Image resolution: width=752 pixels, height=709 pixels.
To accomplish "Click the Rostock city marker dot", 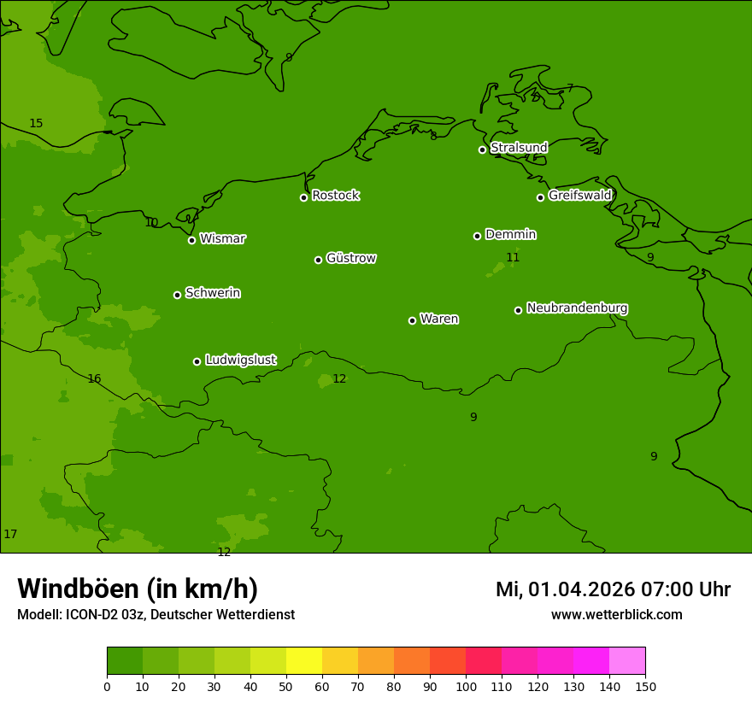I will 303,197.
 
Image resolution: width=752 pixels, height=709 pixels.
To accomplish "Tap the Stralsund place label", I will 519,148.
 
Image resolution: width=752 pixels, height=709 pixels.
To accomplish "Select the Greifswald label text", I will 579,196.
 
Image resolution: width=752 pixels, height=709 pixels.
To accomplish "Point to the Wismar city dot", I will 191,240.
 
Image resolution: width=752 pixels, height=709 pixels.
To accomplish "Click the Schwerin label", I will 213,293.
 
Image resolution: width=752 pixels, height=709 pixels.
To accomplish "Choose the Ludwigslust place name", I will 240,360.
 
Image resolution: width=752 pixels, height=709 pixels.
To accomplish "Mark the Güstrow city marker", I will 318,260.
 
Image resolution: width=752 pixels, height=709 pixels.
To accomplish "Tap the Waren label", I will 439,319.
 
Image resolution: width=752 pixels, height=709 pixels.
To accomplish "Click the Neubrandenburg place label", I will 577,308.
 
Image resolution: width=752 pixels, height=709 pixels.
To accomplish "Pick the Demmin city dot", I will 477,236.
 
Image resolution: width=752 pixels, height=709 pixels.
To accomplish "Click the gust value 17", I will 10,535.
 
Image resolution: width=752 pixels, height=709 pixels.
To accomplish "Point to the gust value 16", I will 94,379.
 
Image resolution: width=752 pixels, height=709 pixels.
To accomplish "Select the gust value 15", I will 36,124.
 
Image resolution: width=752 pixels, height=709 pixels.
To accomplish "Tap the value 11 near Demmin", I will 513,258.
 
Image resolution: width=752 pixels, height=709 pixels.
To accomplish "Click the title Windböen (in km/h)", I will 138,589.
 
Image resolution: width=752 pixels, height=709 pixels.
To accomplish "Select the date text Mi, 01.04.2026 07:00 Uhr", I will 613,589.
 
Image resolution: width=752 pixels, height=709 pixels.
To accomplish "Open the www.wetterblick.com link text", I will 616,615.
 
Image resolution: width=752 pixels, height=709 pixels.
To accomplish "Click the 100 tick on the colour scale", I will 466,686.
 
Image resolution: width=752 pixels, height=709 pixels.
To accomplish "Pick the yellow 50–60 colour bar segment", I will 303,660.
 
